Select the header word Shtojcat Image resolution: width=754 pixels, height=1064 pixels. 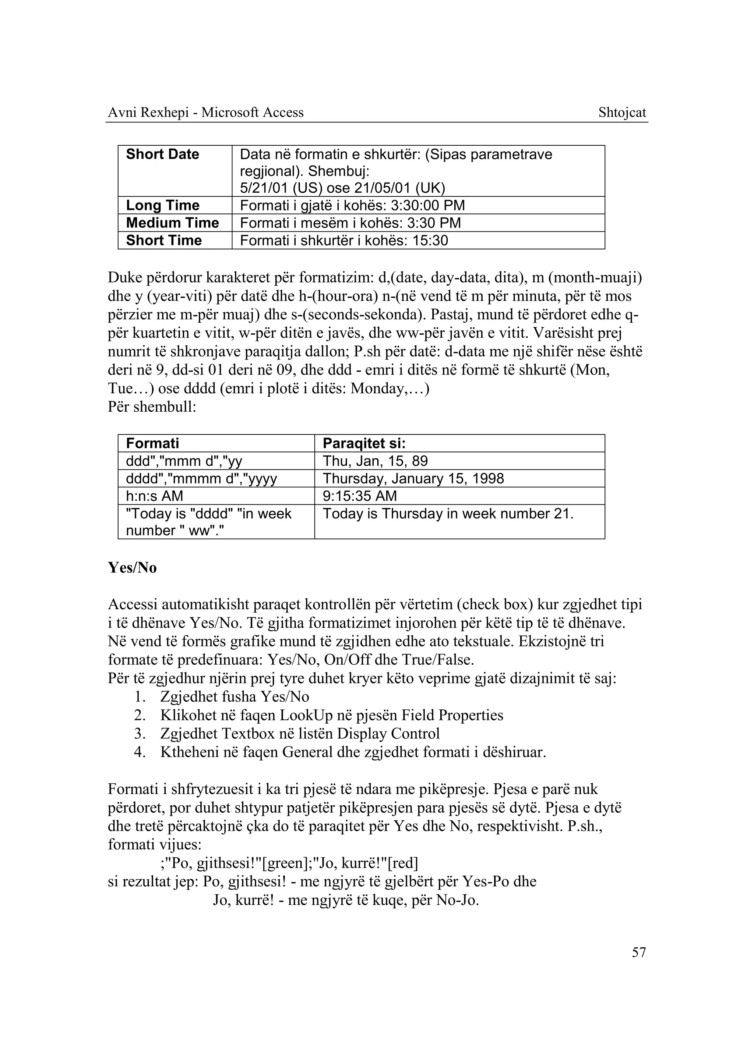coord(622,113)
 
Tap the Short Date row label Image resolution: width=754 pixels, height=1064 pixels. coord(162,154)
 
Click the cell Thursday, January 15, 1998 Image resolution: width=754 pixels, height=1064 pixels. coord(413,478)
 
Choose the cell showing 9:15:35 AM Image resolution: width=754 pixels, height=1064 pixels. coord(360,496)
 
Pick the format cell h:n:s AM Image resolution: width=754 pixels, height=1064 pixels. coord(155,496)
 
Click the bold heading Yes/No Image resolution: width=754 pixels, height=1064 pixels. coord(132,567)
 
